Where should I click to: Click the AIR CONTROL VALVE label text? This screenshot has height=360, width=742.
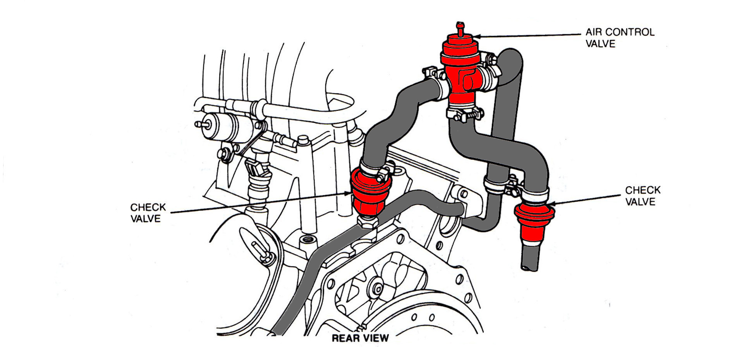coord(620,38)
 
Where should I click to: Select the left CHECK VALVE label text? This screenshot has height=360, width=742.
coord(148,213)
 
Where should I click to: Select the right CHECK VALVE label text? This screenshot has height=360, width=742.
coord(642,196)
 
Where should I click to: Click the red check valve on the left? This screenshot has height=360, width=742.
coord(369,194)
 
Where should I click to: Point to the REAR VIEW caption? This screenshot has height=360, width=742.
coord(360,338)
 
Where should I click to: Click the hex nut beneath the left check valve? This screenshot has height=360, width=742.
coord(367,222)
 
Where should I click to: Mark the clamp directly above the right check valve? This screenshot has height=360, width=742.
coord(536,196)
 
